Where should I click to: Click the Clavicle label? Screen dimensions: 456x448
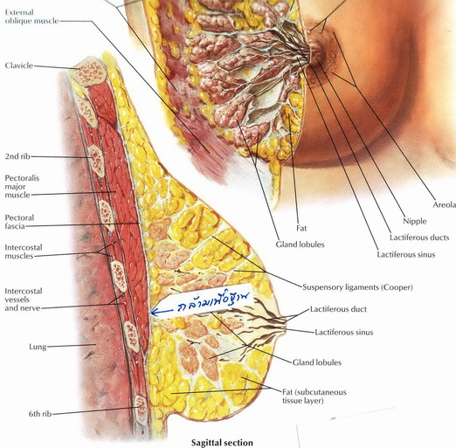pos(19,65)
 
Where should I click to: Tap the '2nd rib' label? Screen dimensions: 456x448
pos(17,156)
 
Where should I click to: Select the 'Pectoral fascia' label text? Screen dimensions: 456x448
pos(19,222)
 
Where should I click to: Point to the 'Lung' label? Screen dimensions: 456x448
pos(38,347)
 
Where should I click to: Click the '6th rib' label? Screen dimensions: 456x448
pos(40,414)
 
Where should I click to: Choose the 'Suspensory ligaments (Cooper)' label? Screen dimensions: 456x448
pos(357,287)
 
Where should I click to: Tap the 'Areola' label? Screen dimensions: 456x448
pos(444,205)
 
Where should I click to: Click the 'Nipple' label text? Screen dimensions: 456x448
pos(415,221)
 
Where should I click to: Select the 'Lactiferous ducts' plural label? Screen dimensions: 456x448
pos(419,238)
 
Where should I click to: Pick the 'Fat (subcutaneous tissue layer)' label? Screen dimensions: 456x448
pos(314,396)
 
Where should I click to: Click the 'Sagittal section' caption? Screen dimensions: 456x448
pos(222,443)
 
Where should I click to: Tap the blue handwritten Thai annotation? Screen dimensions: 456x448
pos(213,303)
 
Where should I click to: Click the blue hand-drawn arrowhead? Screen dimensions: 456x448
pos(154,313)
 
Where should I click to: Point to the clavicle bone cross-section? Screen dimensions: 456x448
pos(88,72)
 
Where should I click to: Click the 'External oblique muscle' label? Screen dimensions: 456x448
pos(32,17)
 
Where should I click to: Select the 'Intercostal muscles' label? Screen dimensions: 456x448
pos(24,252)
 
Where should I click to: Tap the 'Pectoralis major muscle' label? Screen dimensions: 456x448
pos(22,186)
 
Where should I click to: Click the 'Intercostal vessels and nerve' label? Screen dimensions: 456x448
pos(24,300)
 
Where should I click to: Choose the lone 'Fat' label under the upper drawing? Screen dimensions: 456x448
pos(301,228)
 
